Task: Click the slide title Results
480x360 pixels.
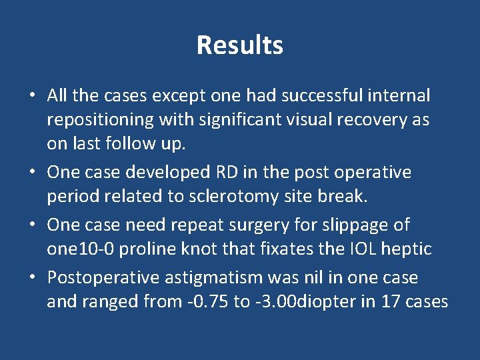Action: coord(240,45)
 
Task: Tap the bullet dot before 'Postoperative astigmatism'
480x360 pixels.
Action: coord(32,277)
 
